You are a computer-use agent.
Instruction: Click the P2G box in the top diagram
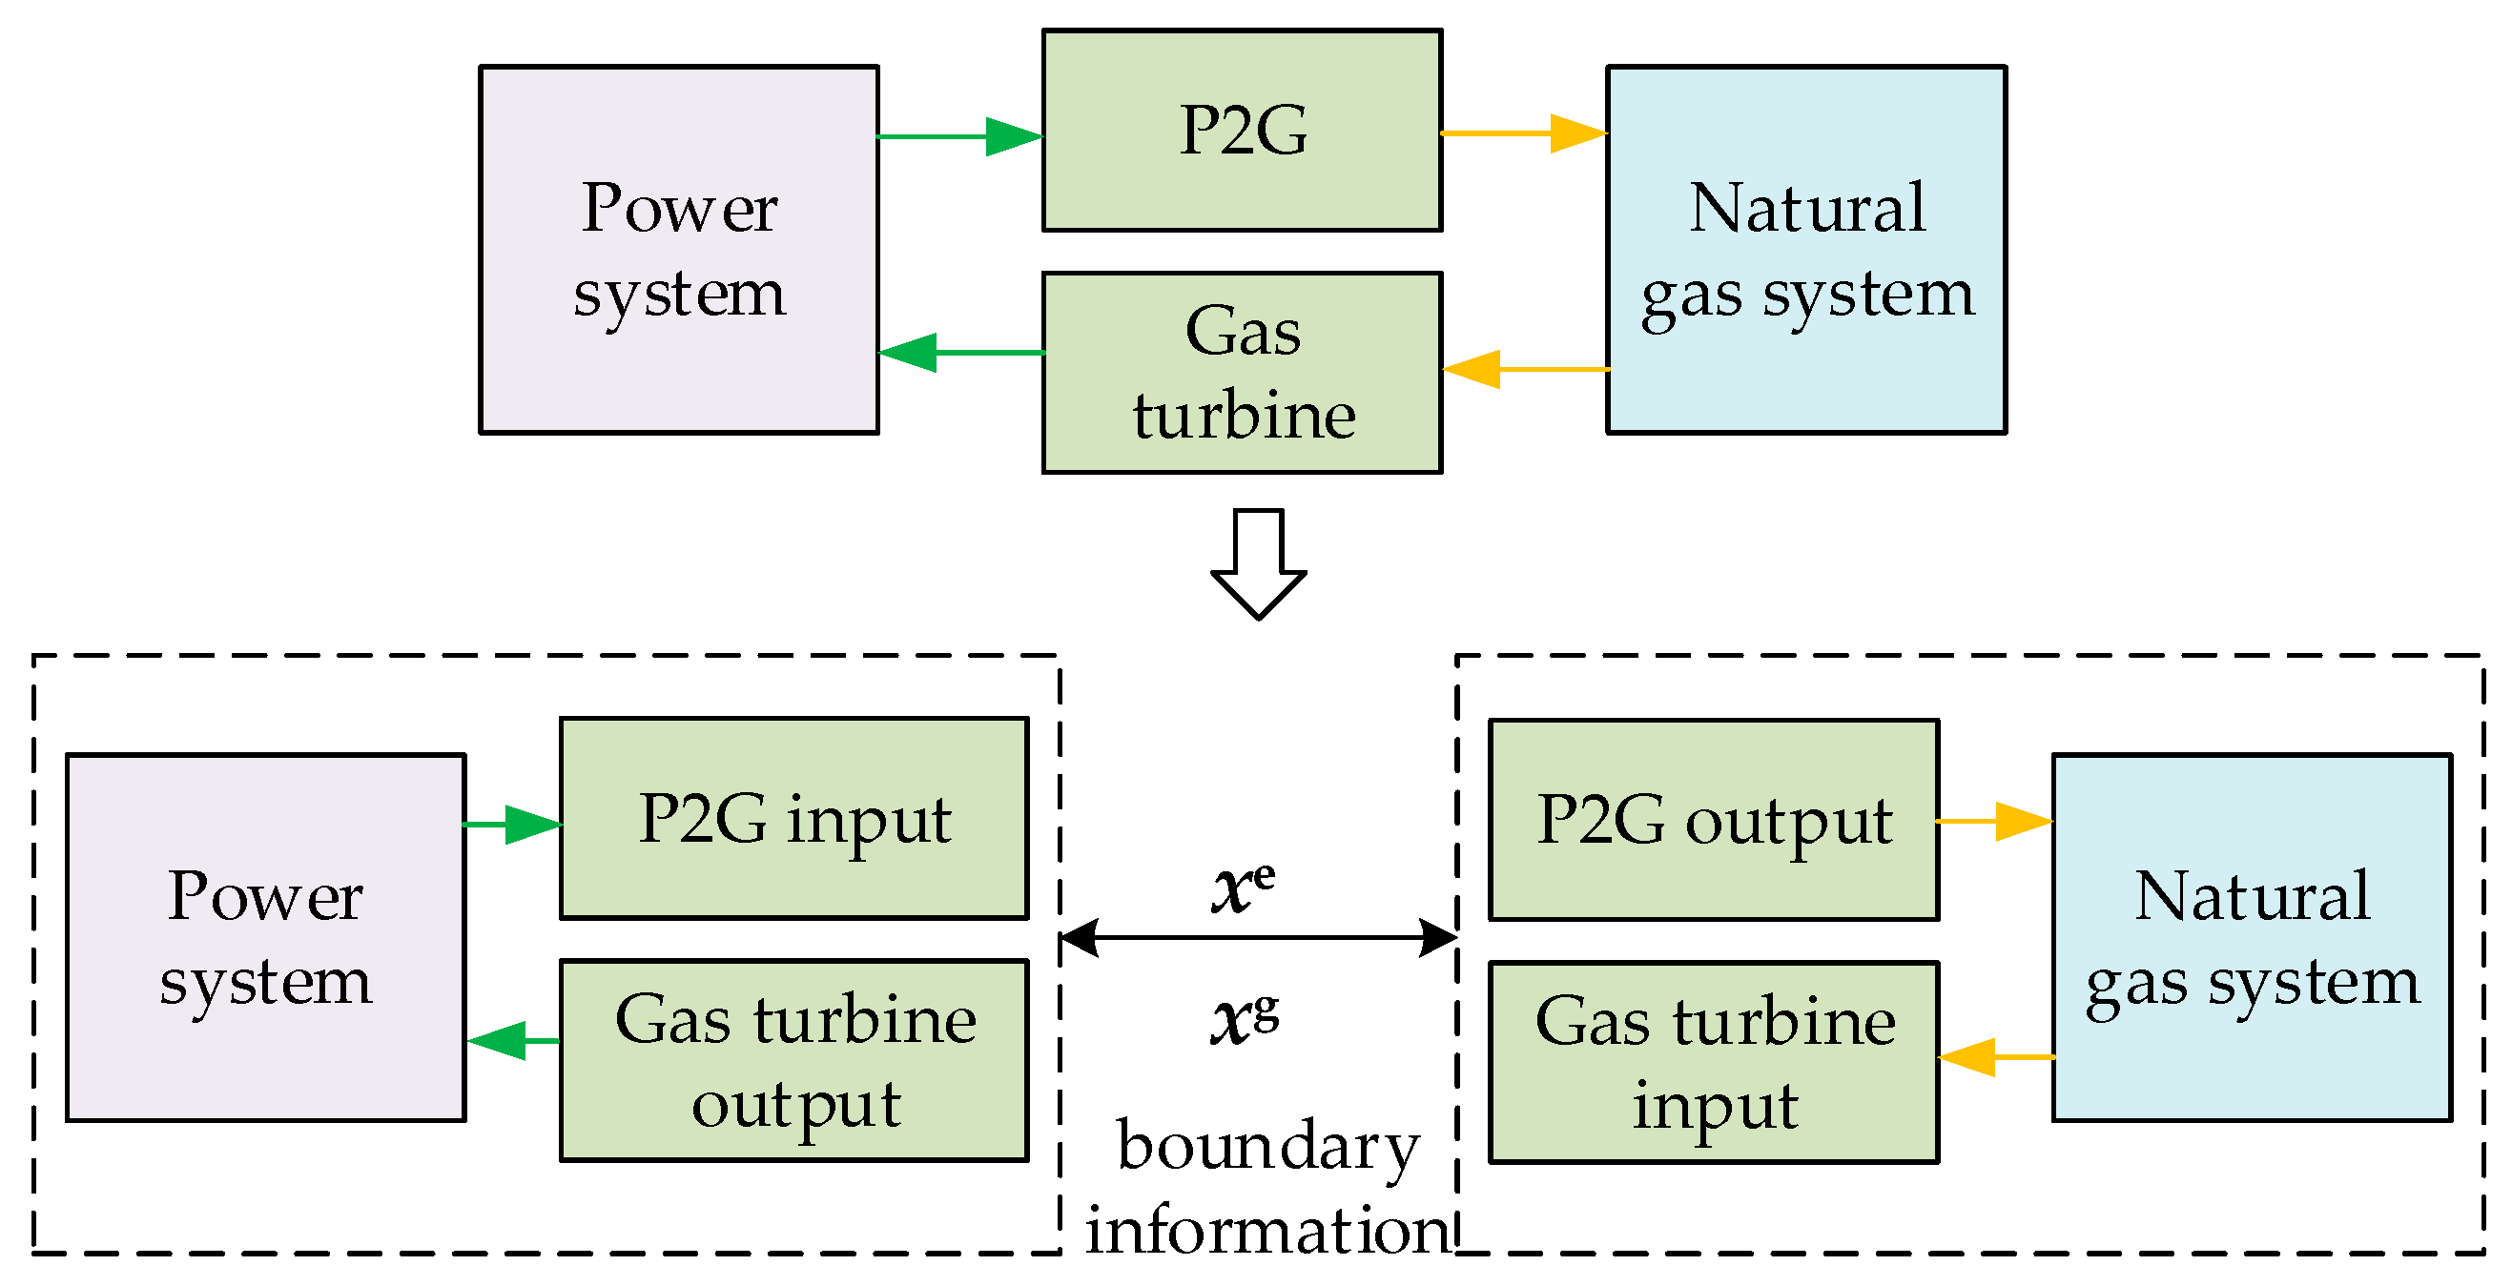[x=1242, y=130]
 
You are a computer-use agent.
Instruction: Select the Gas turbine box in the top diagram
[x=1242, y=373]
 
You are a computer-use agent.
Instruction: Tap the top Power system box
[x=679, y=249]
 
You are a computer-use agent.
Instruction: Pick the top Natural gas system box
[x=1806, y=249]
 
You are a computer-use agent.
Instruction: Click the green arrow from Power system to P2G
[x=960, y=136]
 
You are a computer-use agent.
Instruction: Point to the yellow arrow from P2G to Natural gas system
[x=1523, y=133]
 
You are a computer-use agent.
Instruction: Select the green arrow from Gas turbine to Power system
[x=960, y=352]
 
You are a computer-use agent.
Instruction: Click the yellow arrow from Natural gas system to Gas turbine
[x=1525, y=369]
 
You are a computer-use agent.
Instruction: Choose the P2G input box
[x=793, y=818]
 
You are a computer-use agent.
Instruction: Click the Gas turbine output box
[x=793, y=1060]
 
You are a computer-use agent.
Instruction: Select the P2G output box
[x=1714, y=819]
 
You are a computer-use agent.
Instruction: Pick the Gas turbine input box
[x=1714, y=1062]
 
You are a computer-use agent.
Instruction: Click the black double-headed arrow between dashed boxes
[x=1258, y=937]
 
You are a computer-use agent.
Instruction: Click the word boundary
[x=1266, y=1147]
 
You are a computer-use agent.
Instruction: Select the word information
[x=1266, y=1230]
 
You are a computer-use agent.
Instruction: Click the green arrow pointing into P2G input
[x=512, y=824]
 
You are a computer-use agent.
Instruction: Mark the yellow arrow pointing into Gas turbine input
[x=1995, y=1056]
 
